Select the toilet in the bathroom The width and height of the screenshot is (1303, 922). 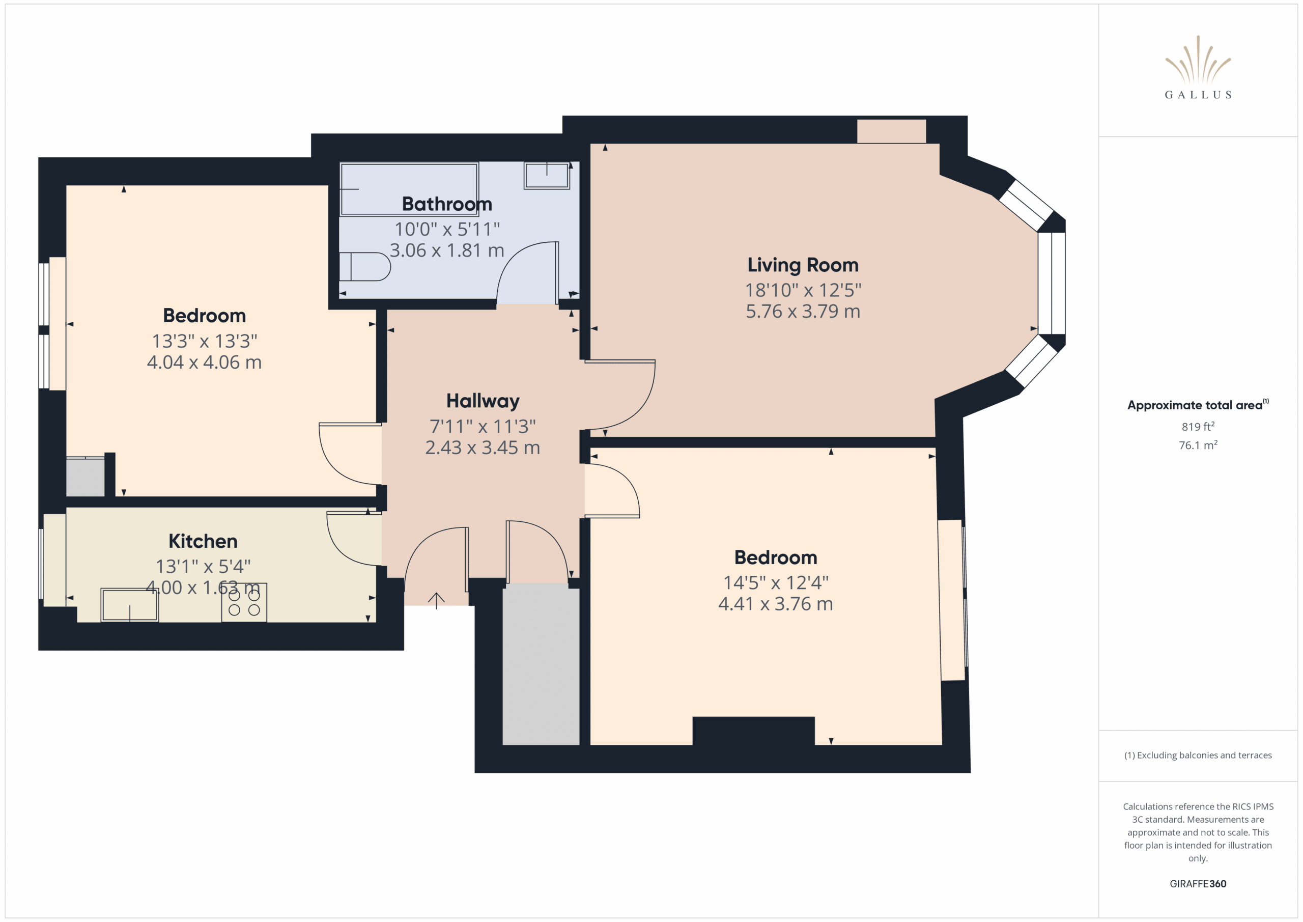coord(364,266)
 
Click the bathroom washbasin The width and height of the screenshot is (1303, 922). coord(547,176)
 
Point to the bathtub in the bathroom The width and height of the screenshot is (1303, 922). coord(409,189)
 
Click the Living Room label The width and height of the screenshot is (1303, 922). coord(803,265)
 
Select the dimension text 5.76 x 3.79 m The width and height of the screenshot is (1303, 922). coord(803,311)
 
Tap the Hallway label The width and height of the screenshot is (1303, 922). coord(483,401)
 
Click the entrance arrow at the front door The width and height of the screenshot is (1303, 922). coord(436,601)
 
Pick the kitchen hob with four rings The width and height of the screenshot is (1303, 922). coord(244,602)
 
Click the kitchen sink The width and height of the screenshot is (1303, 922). coord(129,605)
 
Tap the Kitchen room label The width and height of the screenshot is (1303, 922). coord(203,541)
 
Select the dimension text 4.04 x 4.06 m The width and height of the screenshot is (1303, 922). coord(204,362)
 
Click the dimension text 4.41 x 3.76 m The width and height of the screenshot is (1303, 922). coord(775,603)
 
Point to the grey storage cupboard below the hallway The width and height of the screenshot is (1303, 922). coord(541,664)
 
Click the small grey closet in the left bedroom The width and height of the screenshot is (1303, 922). coord(85,477)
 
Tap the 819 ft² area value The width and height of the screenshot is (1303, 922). coord(1198,426)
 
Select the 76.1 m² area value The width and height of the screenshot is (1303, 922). coord(1198,445)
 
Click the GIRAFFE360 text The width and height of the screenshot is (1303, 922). coord(1198,884)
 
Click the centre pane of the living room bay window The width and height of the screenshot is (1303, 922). coord(1052,283)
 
